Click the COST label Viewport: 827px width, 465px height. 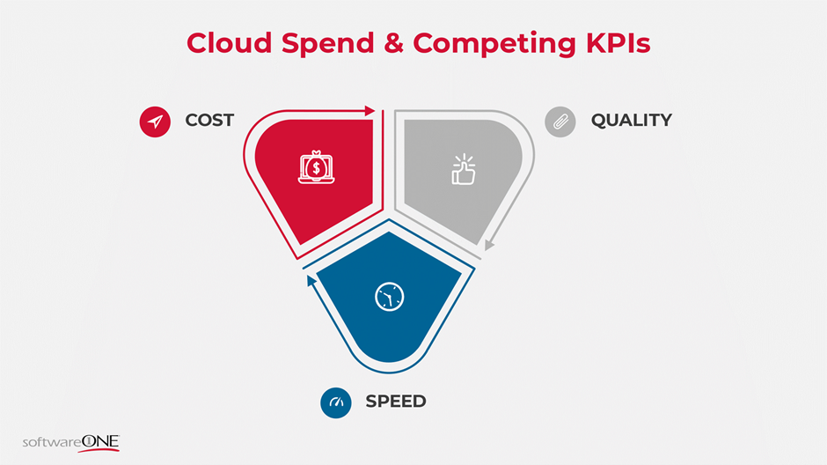coord(209,121)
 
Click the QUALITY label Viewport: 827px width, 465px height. coord(631,121)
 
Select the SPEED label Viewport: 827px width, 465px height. coord(395,402)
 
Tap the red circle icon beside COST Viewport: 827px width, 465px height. coord(155,122)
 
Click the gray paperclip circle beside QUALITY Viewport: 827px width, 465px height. coord(560,122)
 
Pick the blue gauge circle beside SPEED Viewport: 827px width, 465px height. coord(336,402)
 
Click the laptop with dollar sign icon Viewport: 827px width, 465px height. coord(315,168)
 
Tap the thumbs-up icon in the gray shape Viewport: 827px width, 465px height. coord(463,170)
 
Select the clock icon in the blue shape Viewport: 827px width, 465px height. coord(388,297)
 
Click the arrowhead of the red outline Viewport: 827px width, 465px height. coord(370,111)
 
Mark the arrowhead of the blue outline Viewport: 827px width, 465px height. coord(311,280)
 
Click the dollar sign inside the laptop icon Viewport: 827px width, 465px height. coord(315,166)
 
